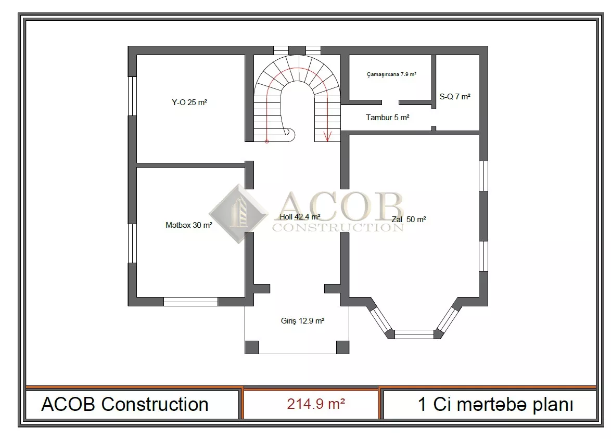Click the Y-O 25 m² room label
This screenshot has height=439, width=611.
[189, 102]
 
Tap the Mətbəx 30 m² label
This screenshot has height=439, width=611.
[189, 225]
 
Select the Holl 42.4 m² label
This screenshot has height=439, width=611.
[300, 216]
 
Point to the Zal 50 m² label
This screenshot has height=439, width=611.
[409, 219]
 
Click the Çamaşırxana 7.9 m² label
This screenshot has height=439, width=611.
[391, 74]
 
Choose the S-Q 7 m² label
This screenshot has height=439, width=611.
[455, 96]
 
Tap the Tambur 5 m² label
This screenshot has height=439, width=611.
[388, 117]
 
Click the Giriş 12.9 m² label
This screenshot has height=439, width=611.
[303, 321]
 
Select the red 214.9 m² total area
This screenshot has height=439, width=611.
[316, 404]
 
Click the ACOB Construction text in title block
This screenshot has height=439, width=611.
[125, 404]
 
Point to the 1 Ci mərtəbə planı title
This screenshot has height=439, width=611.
[495, 405]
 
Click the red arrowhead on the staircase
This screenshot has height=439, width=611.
[327, 137]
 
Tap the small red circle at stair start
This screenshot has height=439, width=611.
[266, 141]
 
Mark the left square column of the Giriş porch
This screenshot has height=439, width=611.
[251, 347]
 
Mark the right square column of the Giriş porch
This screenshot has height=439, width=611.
[342, 347]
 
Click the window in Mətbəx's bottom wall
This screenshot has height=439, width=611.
[190, 302]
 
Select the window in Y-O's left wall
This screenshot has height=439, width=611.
[133, 96]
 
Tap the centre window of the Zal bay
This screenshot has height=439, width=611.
[414, 334]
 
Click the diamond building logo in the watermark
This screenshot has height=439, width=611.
[238, 214]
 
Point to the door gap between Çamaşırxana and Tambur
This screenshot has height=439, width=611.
[390, 102]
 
